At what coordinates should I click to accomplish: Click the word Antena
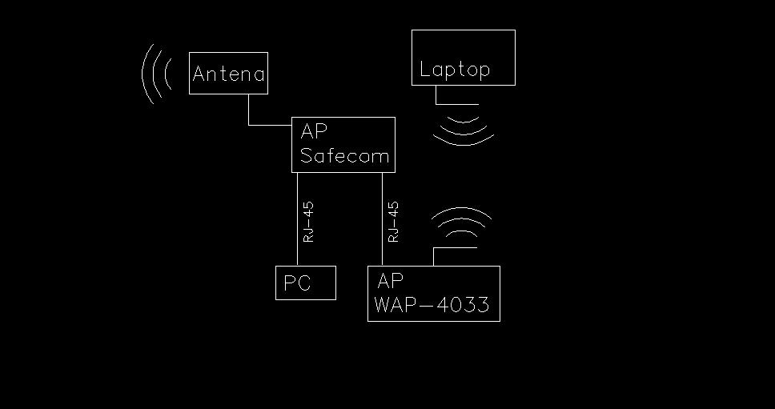(228, 74)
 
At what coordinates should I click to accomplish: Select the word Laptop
(455, 69)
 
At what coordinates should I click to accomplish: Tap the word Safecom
(344, 156)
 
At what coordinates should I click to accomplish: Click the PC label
(297, 283)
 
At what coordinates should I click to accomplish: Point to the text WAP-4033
(432, 304)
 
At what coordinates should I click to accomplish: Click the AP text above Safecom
(313, 131)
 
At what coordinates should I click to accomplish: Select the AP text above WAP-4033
(390, 281)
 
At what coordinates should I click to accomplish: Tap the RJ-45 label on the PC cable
(308, 222)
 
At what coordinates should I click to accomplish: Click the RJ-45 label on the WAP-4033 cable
(393, 222)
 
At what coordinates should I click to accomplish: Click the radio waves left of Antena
(155, 74)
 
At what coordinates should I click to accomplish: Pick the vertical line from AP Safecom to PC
(298, 219)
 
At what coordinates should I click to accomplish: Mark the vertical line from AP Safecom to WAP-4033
(382, 219)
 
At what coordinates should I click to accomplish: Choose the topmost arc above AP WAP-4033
(462, 208)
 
